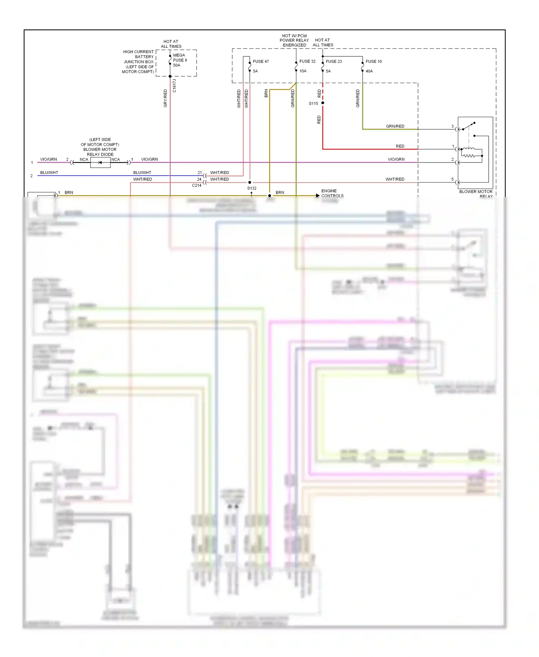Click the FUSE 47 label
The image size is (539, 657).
[261, 61]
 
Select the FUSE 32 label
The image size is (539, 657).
[307, 61]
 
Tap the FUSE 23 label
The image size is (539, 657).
[334, 61]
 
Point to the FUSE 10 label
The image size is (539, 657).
[374, 61]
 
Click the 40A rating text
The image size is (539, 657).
[369, 71]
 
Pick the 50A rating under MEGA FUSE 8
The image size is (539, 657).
[176, 65]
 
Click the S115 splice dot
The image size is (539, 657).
[323, 103]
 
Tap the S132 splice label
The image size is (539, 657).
[252, 188]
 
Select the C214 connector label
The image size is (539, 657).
[197, 185]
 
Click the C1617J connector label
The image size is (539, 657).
[175, 86]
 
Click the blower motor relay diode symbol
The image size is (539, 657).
[100, 162]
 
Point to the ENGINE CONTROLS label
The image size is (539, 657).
[332, 193]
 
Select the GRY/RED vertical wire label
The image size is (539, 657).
[165, 98]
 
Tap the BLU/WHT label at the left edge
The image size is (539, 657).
[49, 173]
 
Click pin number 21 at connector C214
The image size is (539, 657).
[200, 173]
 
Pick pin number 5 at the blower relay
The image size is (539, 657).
[452, 179]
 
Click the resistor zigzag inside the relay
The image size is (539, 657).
[468, 156]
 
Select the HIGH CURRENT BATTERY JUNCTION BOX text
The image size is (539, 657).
[138, 62]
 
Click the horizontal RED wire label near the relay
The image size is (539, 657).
[400, 146]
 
